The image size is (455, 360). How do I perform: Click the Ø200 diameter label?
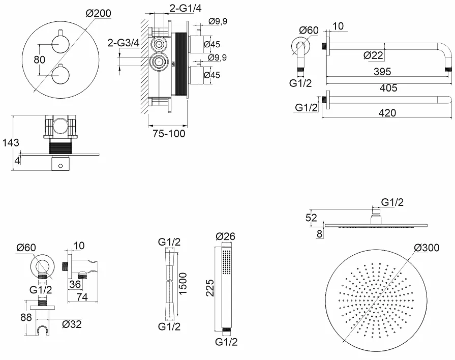99,13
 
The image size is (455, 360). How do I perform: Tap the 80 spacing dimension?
40,60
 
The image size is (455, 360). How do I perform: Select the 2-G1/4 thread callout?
186,8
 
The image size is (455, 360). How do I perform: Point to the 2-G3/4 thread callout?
124,43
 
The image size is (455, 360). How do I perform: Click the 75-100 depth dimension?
169,134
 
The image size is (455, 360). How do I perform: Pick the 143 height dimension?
11,142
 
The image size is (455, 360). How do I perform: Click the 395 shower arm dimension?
382,71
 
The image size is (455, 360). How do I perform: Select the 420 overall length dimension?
387,113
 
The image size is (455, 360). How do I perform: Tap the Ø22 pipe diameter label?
374,55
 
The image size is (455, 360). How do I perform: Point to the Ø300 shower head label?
427,248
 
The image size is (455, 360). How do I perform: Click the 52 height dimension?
311,218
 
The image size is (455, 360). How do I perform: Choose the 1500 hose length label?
183,283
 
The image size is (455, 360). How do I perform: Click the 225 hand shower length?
210,288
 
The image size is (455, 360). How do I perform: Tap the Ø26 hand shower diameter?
226,236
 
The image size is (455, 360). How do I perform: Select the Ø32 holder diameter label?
72,324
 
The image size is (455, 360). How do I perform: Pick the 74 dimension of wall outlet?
82,297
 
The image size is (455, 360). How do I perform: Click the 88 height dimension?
26,317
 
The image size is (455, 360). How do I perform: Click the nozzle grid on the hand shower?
226,262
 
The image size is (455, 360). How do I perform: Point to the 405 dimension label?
388,87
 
